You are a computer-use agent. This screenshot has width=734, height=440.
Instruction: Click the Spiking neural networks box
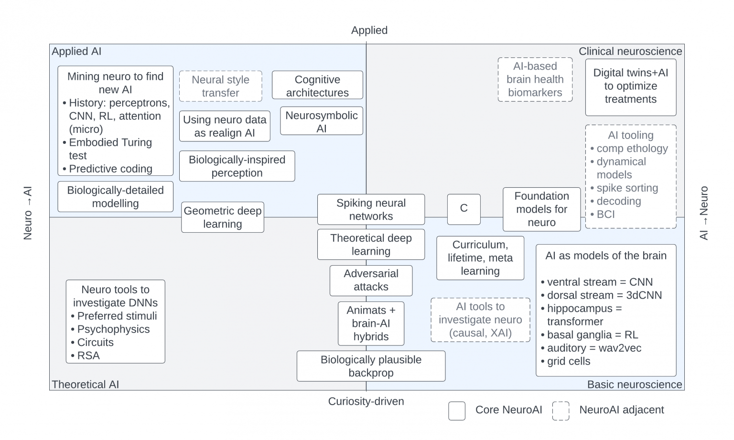tap(371, 209)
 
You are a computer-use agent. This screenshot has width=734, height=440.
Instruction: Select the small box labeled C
tap(464, 209)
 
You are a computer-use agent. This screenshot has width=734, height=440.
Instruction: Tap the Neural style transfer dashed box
tap(220, 86)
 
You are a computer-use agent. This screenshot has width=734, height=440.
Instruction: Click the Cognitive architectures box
tap(317, 86)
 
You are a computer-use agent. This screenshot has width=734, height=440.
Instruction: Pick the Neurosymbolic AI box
tap(321, 121)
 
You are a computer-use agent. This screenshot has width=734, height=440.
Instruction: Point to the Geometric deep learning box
tap(222, 217)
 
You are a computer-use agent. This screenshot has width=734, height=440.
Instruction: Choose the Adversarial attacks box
tap(371, 280)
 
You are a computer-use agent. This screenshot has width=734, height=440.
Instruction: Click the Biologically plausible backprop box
tap(371, 366)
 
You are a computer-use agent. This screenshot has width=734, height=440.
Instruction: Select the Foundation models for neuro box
tap(541, 209)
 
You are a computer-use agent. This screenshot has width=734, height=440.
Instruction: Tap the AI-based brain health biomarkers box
tap(535, 79)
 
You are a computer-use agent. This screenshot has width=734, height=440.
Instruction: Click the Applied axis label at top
tap(369, 30)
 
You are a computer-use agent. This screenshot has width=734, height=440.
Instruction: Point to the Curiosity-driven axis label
tap(366, 401)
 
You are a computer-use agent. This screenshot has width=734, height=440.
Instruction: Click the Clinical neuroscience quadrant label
tap(630, 51)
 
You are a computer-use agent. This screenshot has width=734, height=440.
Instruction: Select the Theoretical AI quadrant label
tap(85, 385)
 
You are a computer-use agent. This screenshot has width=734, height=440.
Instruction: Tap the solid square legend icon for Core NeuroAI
tap(457, 410)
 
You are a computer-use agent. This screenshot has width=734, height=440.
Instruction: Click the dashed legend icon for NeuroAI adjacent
tap(561, 410)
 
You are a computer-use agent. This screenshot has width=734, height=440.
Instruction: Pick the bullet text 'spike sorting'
tap(626, 188)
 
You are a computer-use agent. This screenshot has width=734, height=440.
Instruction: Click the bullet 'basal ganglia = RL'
tap(592, 335)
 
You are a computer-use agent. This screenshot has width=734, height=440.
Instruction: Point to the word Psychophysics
tap(113, 329)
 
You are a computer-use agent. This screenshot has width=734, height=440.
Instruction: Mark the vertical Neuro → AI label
tap(28, 213)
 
